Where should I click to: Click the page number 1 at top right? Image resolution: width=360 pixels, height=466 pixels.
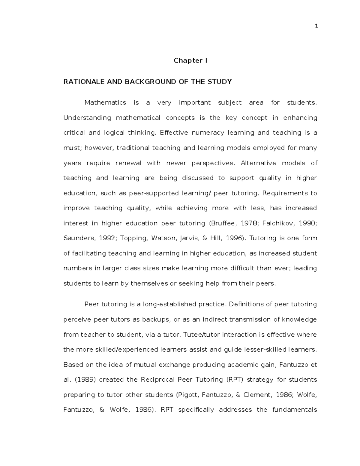(316, 26)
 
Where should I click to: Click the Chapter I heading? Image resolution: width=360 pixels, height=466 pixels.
(190, 61)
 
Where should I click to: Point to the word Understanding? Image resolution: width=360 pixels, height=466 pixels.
(87, 118)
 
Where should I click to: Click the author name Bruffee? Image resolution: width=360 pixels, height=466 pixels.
(222, 223)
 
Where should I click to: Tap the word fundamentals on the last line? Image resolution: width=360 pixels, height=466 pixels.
(294, 410)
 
